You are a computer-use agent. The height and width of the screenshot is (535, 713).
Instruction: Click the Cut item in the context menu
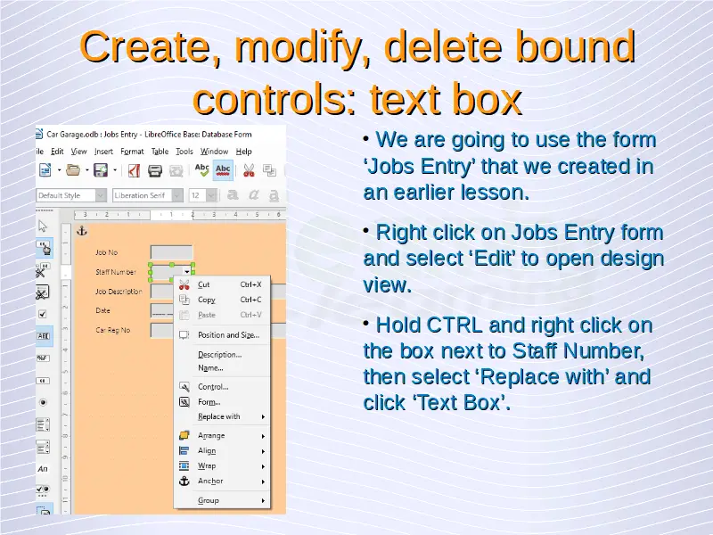(204, 284)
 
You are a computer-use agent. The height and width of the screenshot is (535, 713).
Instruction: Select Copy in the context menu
(207, 300)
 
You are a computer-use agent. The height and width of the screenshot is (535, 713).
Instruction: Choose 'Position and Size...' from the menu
(229, 335)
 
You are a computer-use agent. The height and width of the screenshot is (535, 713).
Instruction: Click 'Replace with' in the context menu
(218, 416)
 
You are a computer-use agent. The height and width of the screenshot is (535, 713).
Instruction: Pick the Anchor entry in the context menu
(210, 481)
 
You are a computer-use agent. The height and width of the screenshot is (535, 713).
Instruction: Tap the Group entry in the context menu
(209, 500)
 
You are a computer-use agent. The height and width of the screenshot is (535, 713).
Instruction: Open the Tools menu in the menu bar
(184, 152)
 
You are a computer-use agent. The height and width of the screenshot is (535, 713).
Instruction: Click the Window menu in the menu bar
(214, 152)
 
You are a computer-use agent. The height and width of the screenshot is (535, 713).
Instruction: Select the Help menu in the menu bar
(243, 152)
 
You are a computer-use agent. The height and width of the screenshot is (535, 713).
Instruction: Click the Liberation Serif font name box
(143, 195)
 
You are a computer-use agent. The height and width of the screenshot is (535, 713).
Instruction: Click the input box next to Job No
(171, 252)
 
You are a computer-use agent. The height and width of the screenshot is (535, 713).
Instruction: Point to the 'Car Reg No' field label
(113, 330)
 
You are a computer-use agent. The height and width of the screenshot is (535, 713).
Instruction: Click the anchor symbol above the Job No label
(82, 231)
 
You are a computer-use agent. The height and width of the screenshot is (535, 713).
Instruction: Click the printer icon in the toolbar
(155, 171)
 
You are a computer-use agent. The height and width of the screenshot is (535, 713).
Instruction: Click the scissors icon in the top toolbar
(249, 170)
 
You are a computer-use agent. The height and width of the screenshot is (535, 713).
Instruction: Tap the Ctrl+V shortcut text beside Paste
(250, 315)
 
